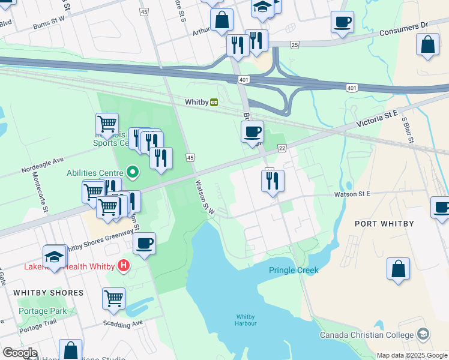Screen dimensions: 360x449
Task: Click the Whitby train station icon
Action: tap(213, 102)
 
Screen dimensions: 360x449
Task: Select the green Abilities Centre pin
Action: tap(133, 173)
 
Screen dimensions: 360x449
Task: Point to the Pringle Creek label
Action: tap(293, 271)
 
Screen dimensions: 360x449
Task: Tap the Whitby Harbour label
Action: tap(246, 320)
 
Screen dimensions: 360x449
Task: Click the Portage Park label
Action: tap(43, 311)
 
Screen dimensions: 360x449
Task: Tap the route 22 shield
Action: tap(282, 148)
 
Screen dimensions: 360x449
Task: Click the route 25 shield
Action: tap(294, 44)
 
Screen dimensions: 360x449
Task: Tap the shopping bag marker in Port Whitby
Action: tap(398, 269)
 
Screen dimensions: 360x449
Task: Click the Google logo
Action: tap(20, 353)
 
